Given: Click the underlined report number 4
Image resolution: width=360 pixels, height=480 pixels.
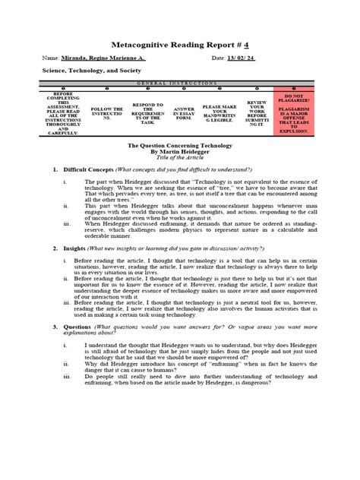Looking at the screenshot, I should pos(245,44).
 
